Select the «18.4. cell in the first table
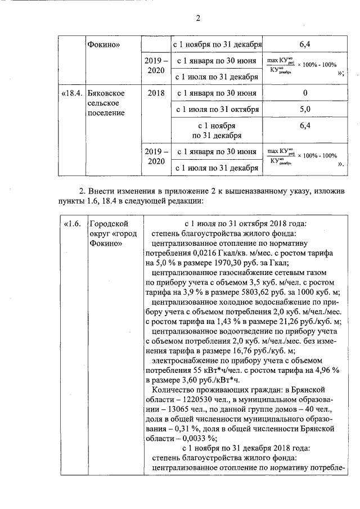click(71, 93)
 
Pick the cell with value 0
click(305, 93)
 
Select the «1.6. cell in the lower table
click(71, 223)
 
